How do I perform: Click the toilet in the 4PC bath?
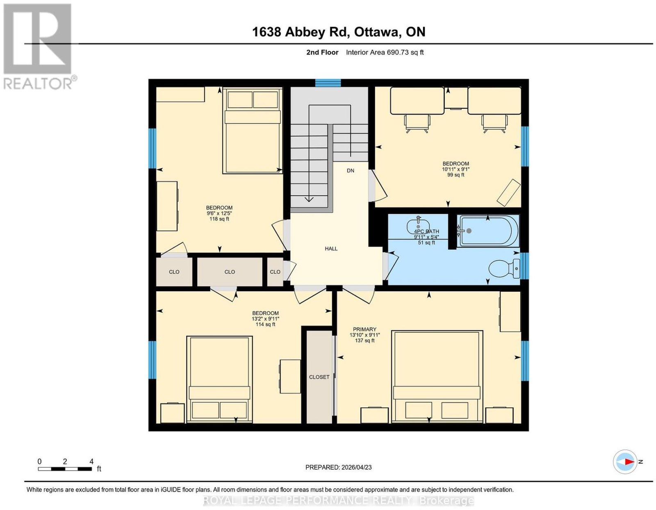coord(504,268)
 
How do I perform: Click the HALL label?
coord(331,249)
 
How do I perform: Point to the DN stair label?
coord(350,171)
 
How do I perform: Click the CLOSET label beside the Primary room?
coord(319,377)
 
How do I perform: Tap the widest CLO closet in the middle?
coord(230,272)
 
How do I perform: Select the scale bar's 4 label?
coord(91,462)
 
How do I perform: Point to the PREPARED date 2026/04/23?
coord(356,467)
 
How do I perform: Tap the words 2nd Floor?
coord(322,52)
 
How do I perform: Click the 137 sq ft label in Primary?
coord(364,340)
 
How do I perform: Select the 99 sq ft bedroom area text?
coord(456,174)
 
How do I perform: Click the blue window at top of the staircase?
coord(328,83)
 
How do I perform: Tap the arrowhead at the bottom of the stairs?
coord(309,199)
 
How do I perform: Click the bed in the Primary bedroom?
coord(437,377)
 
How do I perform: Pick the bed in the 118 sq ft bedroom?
coord(253,130)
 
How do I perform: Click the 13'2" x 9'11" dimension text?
coord(265,319)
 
